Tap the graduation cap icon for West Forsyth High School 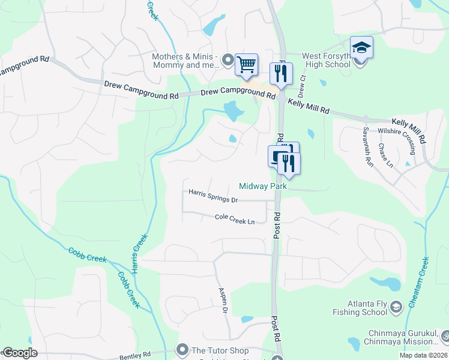(x=362, y=47)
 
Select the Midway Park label (x=263, y=187)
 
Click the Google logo (x=20, y=353)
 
